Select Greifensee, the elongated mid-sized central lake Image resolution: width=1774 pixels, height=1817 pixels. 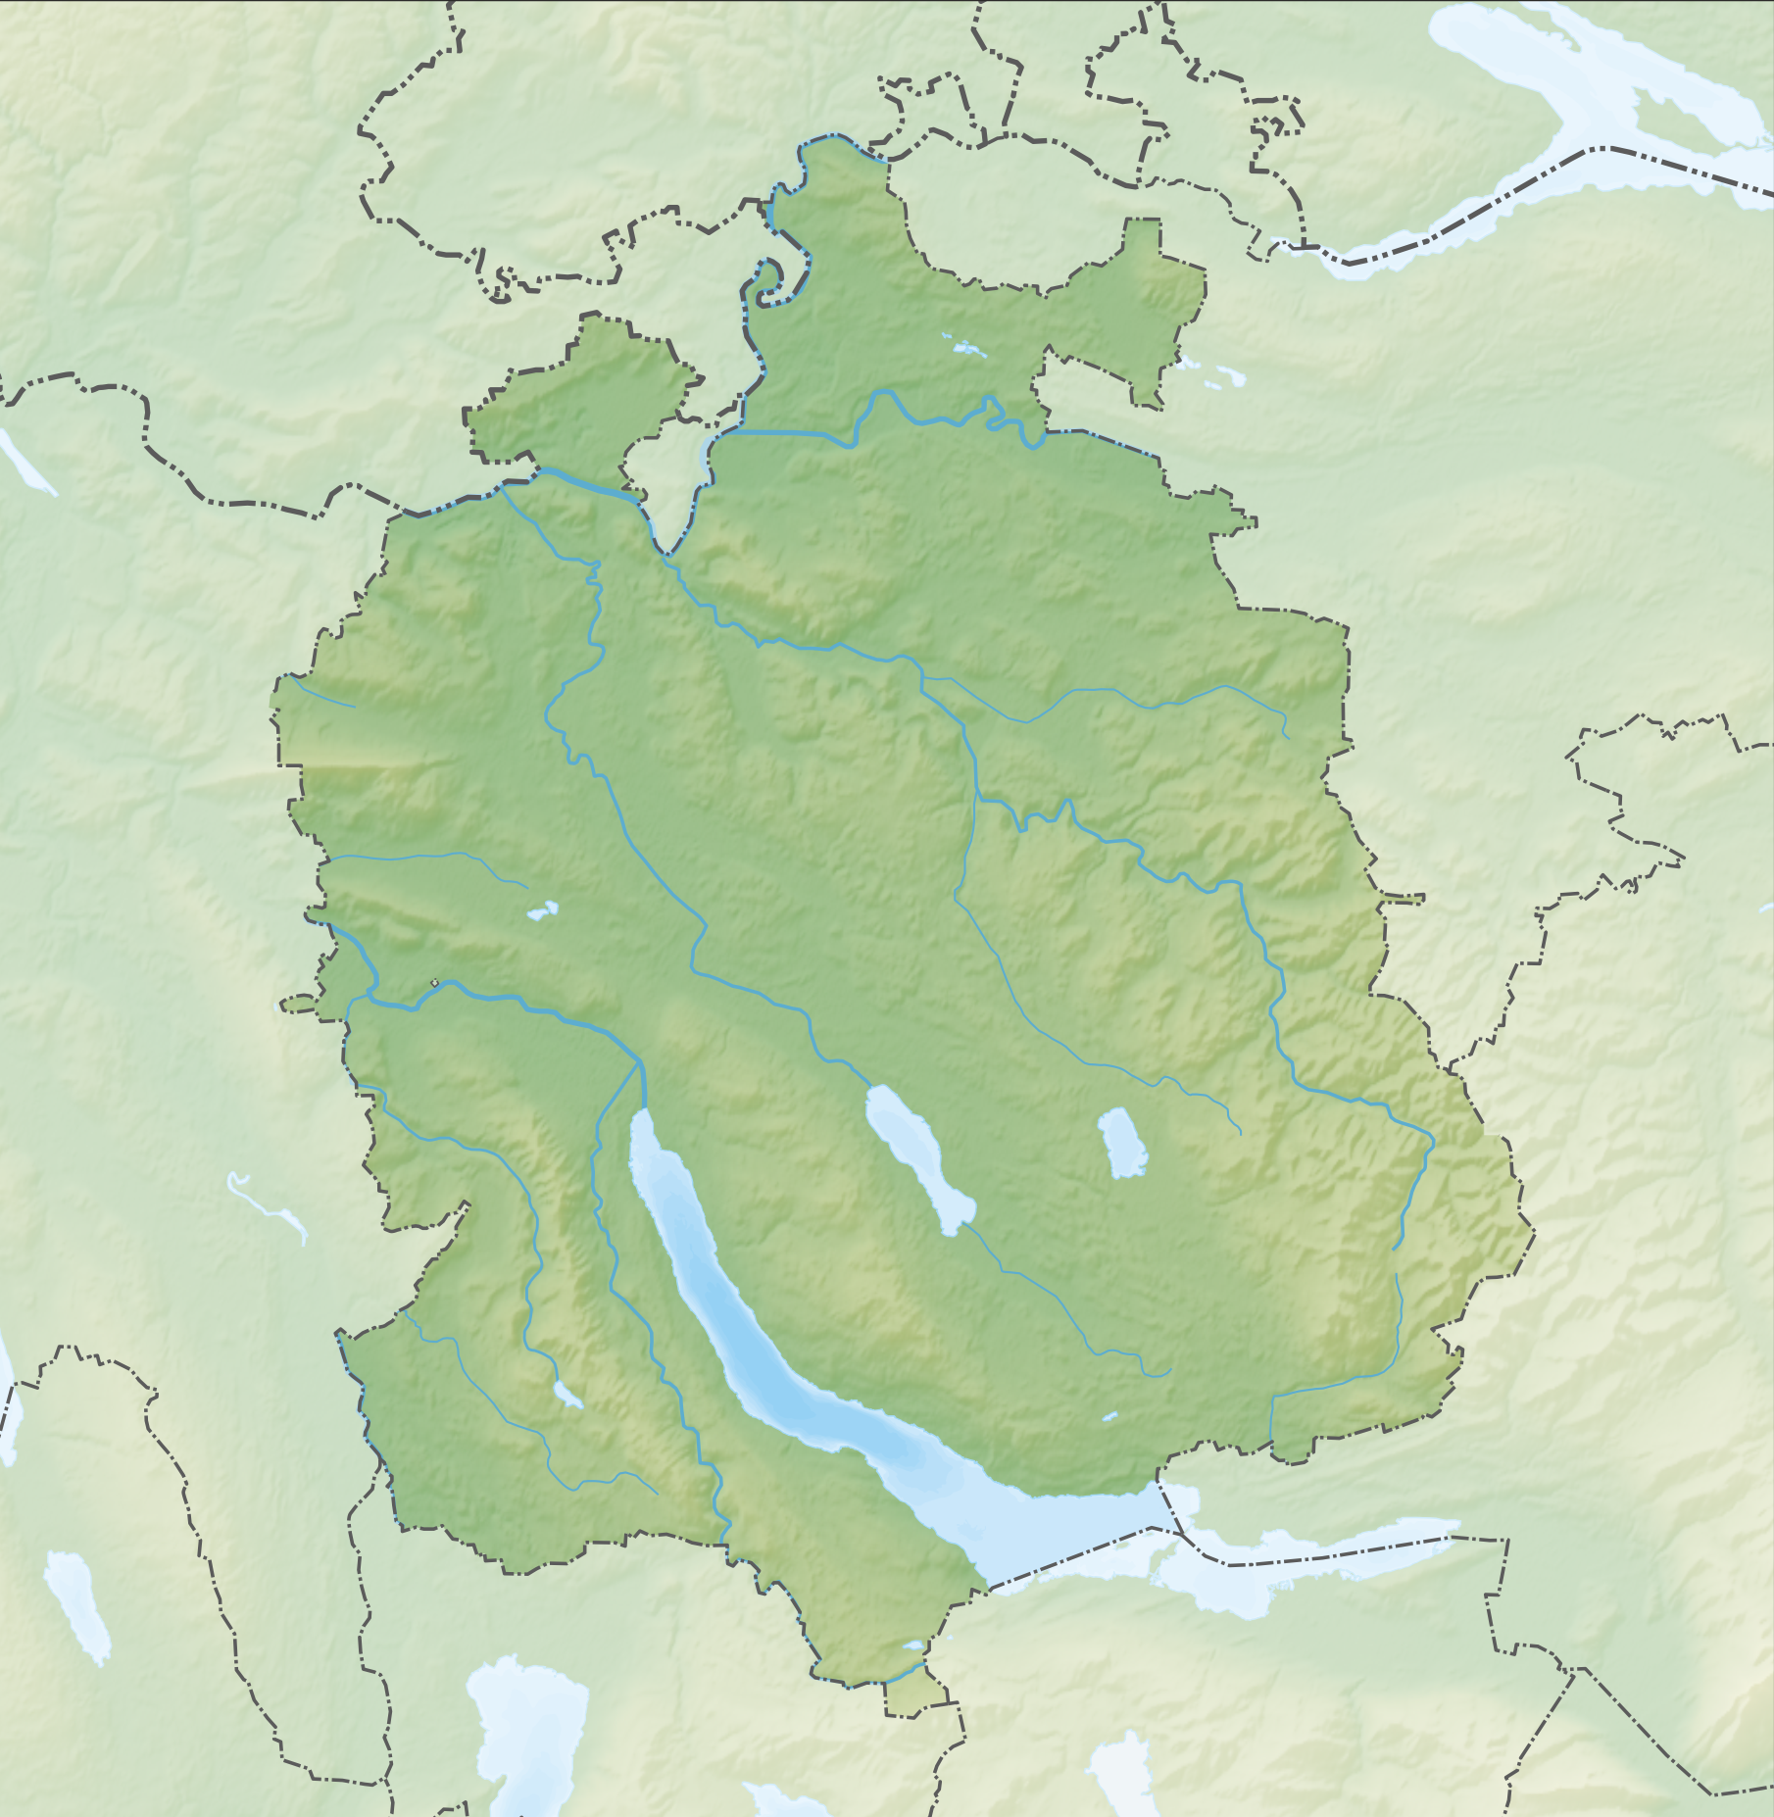point(916,1152)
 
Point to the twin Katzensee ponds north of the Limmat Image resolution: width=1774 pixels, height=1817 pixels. point(542,910)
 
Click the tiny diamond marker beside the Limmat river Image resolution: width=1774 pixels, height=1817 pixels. point(434,982)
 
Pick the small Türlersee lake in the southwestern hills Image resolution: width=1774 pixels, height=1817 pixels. point(567,1395)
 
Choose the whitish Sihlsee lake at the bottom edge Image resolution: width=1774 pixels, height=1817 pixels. point(1117,1764)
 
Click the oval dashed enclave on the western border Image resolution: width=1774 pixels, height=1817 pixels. point(299,1005)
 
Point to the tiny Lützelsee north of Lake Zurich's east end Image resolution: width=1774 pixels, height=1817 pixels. point(1109,1416)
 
